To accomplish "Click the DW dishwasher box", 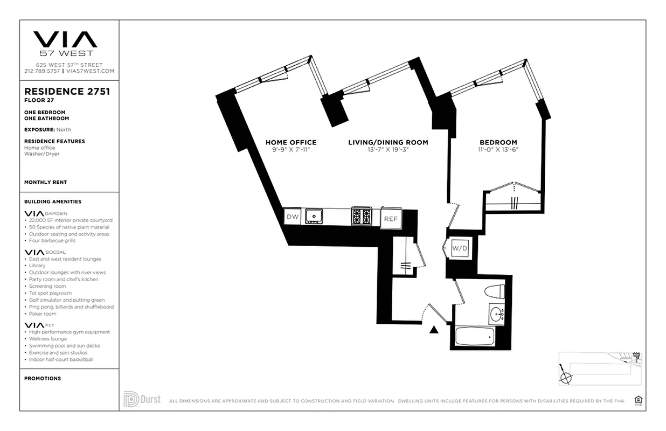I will pos(292,217).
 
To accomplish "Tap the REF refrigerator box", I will pos(390,218).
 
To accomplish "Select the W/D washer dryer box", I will pos(459,248).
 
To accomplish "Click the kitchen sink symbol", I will pos(313,217).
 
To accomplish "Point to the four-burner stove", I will pos(361,216).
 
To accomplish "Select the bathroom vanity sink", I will pos(497,315).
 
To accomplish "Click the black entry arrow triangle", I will pos(434,329).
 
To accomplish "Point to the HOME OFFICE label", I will pos(291,142).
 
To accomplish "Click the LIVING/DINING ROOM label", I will pos(388,142).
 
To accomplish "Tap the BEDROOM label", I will pos(498,142).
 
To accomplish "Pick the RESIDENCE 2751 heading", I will pos(67,92).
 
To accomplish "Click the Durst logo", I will pos(142,399).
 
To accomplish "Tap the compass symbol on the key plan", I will pos(565,377).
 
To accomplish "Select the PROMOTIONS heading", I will pos(43,378).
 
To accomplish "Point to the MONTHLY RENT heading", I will pos(46,182).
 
